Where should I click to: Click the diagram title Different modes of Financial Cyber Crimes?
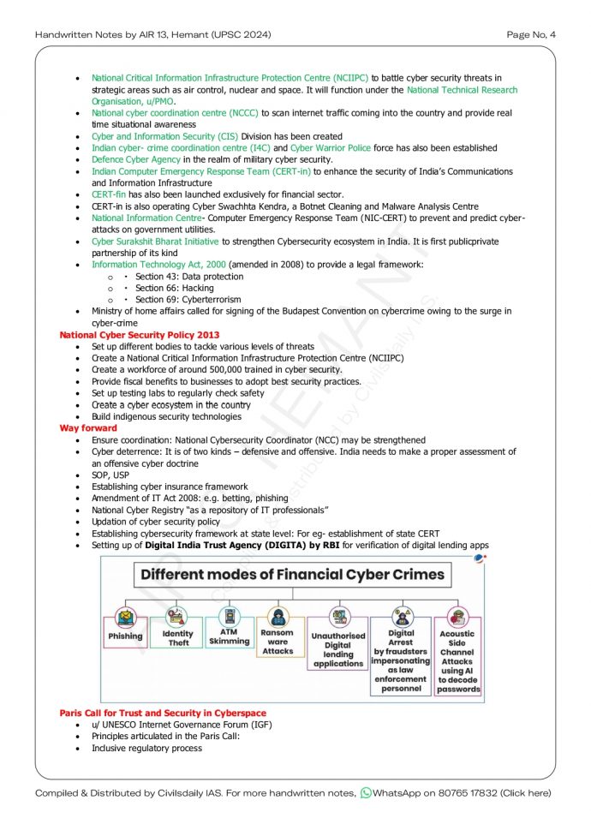click(x=292, y=574)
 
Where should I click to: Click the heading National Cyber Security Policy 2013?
click(x=140, y=335)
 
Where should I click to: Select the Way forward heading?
click(x=88, y=427)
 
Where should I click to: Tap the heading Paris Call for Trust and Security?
click(x=163, y=713)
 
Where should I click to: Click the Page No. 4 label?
click(x=531, y=34)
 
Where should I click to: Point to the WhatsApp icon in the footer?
click(x=366, y=793)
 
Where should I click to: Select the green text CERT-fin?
click(x=109, y=194)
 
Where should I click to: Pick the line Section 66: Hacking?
click(x=174, y=289)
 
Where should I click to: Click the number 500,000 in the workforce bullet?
click(x=224, y=369)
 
